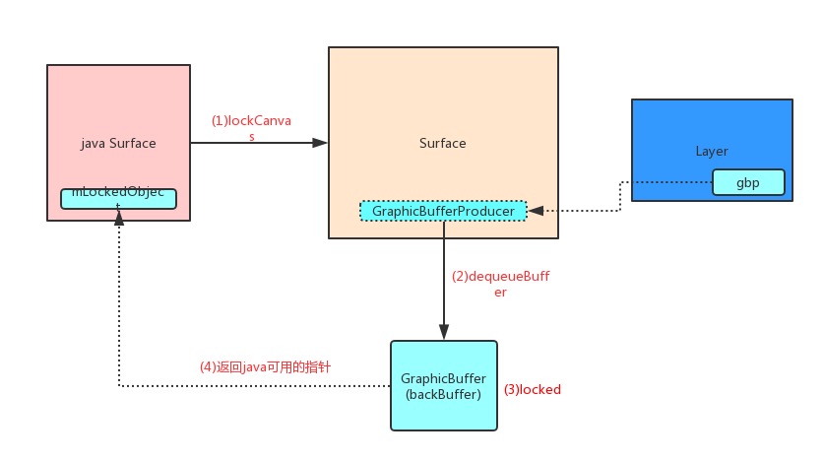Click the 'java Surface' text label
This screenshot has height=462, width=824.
coord(118,143)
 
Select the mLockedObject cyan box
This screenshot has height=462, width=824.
coord(118,198)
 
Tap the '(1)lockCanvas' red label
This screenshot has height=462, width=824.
coord(251,121)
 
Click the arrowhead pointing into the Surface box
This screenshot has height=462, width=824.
coord(320,143)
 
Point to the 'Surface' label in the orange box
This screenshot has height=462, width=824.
coord(443,143)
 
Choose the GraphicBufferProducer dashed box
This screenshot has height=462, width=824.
coord(443,210)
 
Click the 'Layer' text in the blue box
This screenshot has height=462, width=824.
coord(711,151)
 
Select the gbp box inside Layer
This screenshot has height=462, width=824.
coord(748,182)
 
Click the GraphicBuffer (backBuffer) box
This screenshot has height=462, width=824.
coord(444,385)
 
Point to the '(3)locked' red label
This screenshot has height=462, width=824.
coord(532,390)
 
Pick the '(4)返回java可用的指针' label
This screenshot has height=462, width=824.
coord(265,366)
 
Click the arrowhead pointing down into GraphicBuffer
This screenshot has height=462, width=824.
coord(444,334)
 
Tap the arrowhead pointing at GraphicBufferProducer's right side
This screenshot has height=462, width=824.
coord(535,210)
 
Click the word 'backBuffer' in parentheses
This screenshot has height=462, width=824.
coord(444,394)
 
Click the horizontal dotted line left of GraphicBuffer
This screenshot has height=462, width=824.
coord(256,386)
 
